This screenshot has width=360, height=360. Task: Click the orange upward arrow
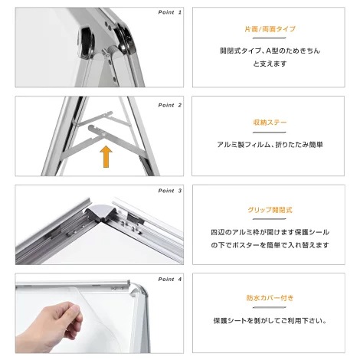[106, 157]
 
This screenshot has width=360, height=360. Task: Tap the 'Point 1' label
[170, 13]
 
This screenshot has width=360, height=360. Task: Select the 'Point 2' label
[170, 104]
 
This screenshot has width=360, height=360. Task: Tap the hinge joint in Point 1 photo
[113, 51]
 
